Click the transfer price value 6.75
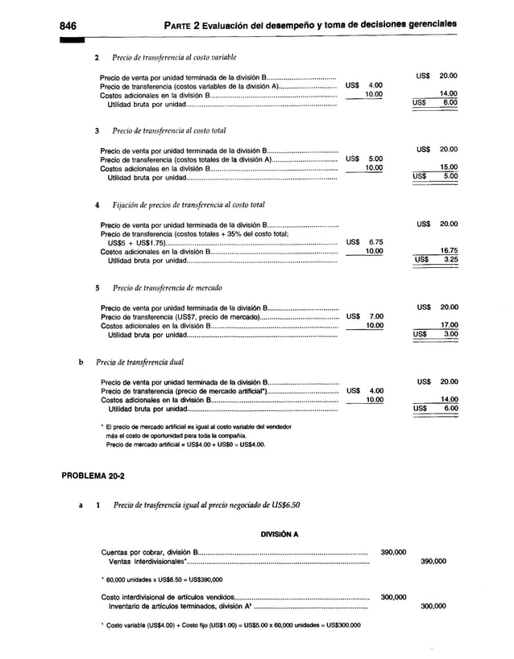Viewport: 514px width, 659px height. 375,241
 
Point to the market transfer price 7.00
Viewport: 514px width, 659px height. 375,316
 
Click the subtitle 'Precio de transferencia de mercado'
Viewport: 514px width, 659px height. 168,287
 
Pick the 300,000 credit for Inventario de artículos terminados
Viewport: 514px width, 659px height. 434,607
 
